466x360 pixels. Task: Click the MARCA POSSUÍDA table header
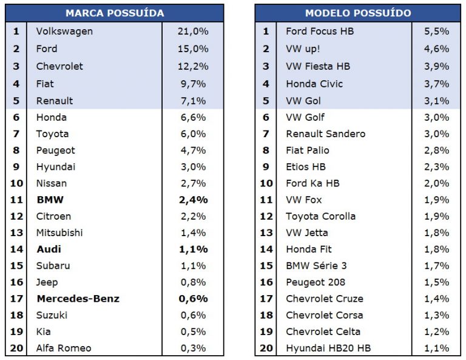tap(114, 13)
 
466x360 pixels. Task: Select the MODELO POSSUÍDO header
tap(357, 13)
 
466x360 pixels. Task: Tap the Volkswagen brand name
tap(64, 31)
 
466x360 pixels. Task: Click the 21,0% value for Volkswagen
tap(193, 31)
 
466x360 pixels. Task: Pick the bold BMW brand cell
tap(50, 199)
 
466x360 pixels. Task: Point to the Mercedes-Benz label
tap(78, 298)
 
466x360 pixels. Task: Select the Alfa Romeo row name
tap(64, 348)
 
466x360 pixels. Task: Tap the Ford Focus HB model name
tap(320, 31)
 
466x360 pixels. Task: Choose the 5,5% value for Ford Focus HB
tap(437, 31)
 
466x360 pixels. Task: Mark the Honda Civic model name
tap(314, 84)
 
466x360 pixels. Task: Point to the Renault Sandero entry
tap(325, 134)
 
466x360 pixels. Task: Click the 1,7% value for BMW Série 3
tap(437, 265)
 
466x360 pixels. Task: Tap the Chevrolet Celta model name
tap(323, 331)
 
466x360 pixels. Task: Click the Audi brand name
tap(49, 249)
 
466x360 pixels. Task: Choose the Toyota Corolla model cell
tap(320, 216)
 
